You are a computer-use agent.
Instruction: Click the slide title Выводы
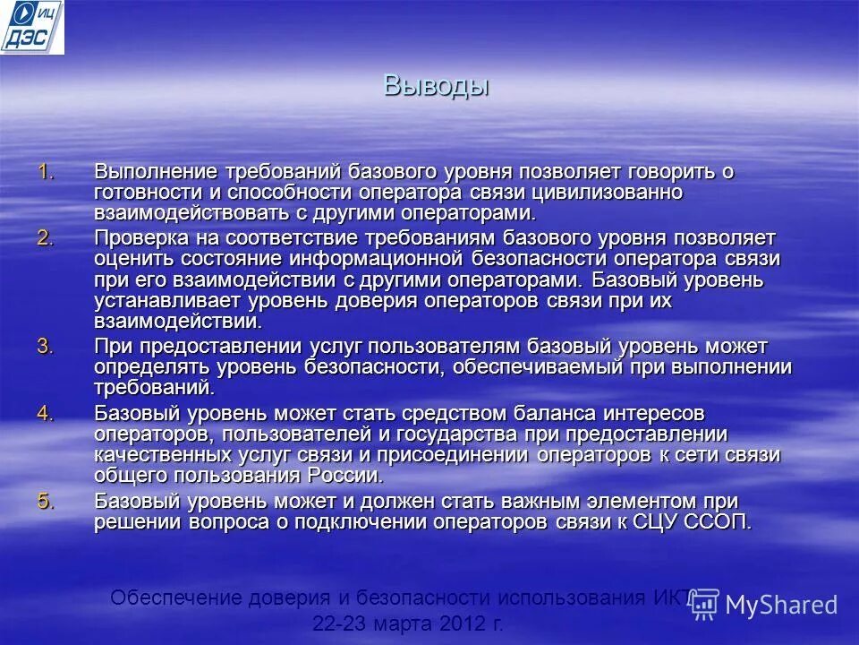click(x=437, y=85)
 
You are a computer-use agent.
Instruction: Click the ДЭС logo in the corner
click(x=32, y=27)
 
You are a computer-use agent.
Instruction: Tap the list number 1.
click(x=46, y=171)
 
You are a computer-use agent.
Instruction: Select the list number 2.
click(x=46, y=237)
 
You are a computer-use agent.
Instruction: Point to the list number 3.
click(x=46, y=346)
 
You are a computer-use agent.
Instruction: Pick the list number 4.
click(x=46, y=412)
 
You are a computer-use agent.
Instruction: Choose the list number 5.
click(x=46, y=501)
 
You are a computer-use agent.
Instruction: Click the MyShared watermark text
click(x=781, y=605)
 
